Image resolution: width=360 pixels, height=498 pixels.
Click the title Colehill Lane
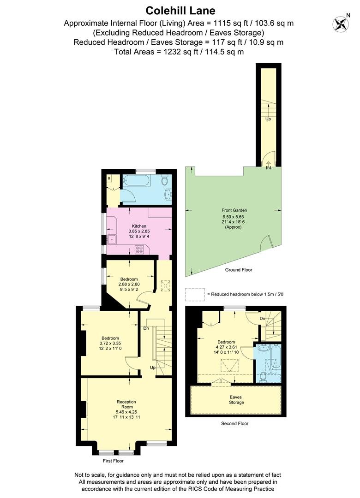(x=180, y=10)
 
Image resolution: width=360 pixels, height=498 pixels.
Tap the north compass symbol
(x=341, y=23)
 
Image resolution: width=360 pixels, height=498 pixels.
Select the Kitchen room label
(x=139, y=226)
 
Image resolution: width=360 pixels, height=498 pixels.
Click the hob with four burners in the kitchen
(x=139, y=249)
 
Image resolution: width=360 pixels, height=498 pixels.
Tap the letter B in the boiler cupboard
(x=109, y=178)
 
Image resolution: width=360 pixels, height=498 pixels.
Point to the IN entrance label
(x=268, y=168)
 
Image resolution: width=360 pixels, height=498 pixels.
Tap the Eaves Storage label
(x=236, y=399)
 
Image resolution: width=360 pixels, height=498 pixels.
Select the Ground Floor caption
(x=239, y=270)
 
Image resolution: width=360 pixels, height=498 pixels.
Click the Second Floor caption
(x=235, y=423)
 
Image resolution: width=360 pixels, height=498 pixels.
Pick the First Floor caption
(x=113, y=461)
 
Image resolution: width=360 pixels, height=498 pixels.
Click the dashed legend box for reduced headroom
(x=194, y=294)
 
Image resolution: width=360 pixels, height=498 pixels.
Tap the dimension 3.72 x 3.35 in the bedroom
(x=110, y=343)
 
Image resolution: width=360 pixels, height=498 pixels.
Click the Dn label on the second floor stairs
(x=262, y=319)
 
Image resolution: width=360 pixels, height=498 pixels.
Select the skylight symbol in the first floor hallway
(x=164, y=286)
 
